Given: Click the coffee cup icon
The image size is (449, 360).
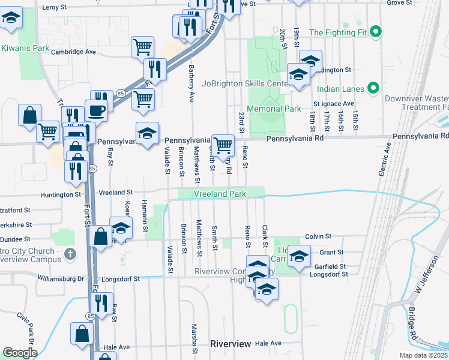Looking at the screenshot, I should (97, 110).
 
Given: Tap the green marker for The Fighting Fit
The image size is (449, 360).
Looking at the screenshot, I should (376, 31).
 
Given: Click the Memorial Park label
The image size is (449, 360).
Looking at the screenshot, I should (277, 109).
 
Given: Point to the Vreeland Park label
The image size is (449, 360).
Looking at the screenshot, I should (220, 194).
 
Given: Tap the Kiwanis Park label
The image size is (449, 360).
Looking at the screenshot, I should (25, 47).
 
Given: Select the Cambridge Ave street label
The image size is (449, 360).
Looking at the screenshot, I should (74, 52).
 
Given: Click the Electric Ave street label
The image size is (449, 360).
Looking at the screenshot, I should (384, 158).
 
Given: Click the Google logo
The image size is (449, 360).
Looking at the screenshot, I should (20, 352).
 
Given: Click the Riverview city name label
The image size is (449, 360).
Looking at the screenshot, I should (231, 344).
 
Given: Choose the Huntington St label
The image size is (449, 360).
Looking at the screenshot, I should (61, 194).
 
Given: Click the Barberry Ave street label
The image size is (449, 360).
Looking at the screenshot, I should (191, 83).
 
